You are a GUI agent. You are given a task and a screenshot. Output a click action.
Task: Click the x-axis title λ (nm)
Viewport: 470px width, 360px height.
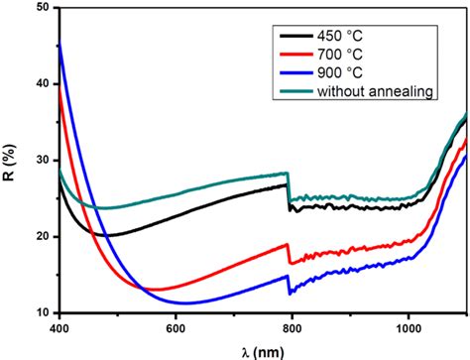point(262,348)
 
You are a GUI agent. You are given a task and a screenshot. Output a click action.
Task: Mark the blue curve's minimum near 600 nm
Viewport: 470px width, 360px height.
point(181,302)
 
